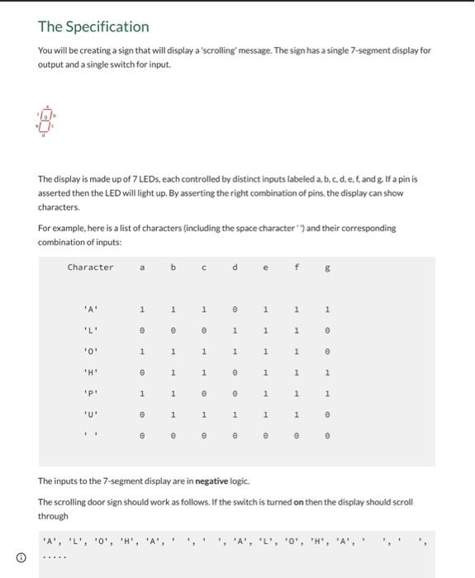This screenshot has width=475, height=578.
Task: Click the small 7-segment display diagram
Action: tap(49, 121)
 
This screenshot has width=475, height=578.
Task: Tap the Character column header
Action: tap(90, 267)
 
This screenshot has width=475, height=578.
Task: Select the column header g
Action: tap(328, 267)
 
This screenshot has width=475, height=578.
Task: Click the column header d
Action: tap(235, 267)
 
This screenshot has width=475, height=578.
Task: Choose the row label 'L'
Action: tap(90, 330)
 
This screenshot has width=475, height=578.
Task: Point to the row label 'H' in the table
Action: tap(90, 372)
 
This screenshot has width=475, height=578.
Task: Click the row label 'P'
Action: tap(90, 392)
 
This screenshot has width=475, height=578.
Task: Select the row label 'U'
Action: tap(90, 414)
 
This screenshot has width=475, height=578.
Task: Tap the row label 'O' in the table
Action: tap(90, 351)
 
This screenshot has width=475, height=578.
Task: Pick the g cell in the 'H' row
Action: tap(328, 372)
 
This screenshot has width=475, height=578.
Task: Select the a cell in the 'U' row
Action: tap(142, 414)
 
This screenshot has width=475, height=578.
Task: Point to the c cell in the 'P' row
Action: tap(204, 392)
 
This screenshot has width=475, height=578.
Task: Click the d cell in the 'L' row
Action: tap(235, 330)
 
